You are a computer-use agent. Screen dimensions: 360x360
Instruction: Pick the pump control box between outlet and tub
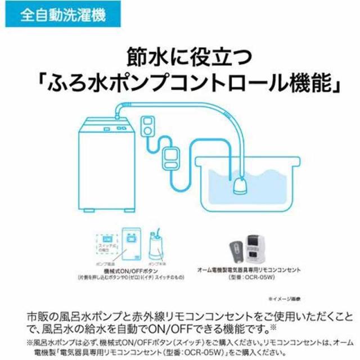(170, 159)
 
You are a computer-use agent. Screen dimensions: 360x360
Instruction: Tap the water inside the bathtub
(264, 180)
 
